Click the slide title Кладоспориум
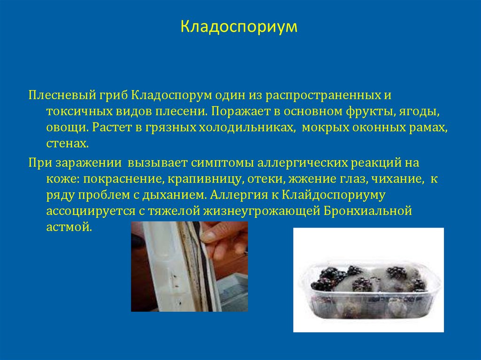click(x=240, y=27)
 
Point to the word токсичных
click(x=77, y=112)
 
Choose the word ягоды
click(x=421, y=112)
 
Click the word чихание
click(x=397, y=179)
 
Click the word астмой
click(x=67, y=228)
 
